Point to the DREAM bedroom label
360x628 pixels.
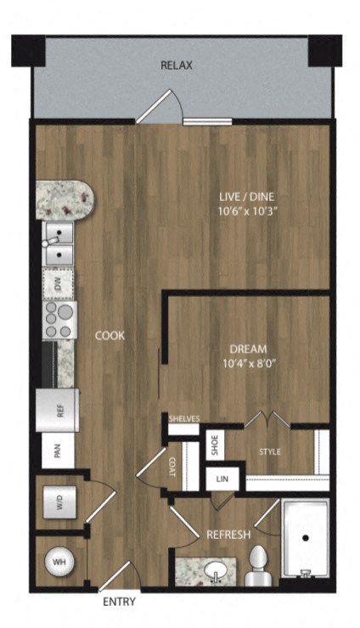tap(249, 349)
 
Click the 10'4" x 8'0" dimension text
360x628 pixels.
tap(249, 363)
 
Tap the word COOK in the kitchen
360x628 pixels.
tap(110, 336)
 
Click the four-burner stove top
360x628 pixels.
tap(59, 321)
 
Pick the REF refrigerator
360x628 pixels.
tap(59, 410)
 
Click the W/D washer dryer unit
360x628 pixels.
tap(59, 502)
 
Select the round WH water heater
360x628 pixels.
tap(59, 562)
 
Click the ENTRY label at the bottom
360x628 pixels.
tap(118, 603)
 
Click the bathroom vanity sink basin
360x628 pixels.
tap(216, 569)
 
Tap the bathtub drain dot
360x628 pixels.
tap(303, 537)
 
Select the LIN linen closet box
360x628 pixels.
tap(222, 479)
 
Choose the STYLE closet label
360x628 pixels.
tap(270, 451)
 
